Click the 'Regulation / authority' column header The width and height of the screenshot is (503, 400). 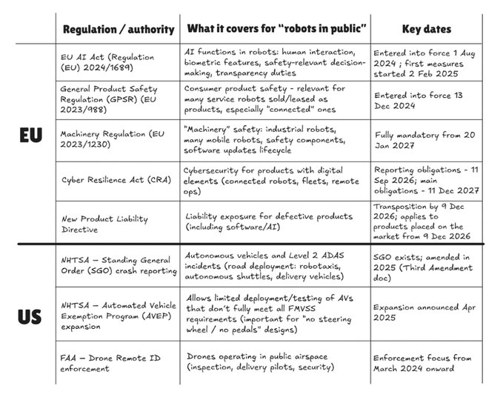tap(119, 30)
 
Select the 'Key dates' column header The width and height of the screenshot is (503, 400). tap(427, 30)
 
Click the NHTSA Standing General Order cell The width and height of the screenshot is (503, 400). tap(118, 264)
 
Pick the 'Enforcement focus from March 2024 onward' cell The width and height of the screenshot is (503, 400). tap(425, 362)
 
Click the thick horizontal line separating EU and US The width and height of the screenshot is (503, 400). tap(252, 243)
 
